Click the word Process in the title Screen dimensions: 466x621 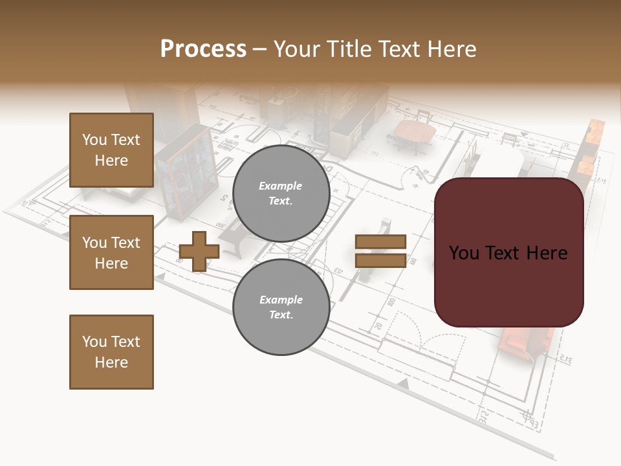click(x=203, y=49)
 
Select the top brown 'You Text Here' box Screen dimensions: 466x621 click(x=111, y=150)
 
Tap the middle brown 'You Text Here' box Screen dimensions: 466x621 click(x=111, y=252)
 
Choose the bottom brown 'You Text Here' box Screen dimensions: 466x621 click(x=111, y=351)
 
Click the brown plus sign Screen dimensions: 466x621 click(x=199, y=251)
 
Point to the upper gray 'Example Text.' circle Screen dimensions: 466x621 click(x=281, y=193)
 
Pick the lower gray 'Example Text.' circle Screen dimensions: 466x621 click(x=281, y=307)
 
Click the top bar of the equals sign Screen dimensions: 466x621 click(x=380, y=241)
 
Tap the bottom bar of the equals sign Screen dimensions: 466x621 click(x=380, y=260)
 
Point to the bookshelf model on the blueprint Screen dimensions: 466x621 click(x=185, y=172)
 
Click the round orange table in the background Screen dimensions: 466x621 click(x=414, y=133)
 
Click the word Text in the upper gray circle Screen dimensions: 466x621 click(x=281, y=201)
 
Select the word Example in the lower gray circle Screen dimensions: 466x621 click(x=281, y=300)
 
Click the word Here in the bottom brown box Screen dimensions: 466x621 click(x=111, y=362)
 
